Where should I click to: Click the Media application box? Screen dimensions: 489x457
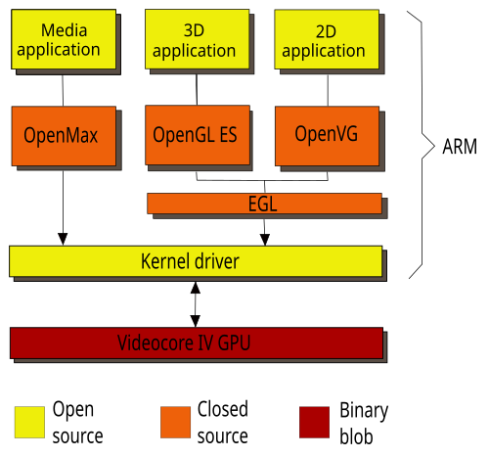[64, 39]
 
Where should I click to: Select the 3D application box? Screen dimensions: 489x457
[198, 39]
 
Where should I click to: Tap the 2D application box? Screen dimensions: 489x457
[327, 39]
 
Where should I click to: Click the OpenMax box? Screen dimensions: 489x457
[64, 136]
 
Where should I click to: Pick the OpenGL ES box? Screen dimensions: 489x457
[198, 135]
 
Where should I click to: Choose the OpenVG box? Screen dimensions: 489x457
[327, 136]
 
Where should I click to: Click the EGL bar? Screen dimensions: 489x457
[264, 204]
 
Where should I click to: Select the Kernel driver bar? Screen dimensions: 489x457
[196, 261]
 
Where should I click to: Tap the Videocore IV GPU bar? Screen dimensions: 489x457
[197, 343]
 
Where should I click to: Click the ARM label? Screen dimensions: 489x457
[460, 147]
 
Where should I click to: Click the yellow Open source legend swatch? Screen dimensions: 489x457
[29, 422]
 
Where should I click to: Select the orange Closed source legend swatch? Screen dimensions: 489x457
[175, 422]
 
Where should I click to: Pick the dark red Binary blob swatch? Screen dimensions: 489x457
[314, 422]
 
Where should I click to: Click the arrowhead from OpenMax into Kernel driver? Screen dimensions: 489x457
[63, 239]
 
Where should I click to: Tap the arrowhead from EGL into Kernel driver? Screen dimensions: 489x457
[265, 240]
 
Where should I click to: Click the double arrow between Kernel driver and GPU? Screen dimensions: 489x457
[196, 304]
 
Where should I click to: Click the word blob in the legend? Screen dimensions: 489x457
[356, 436]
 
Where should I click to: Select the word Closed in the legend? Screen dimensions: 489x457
[223, 409]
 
